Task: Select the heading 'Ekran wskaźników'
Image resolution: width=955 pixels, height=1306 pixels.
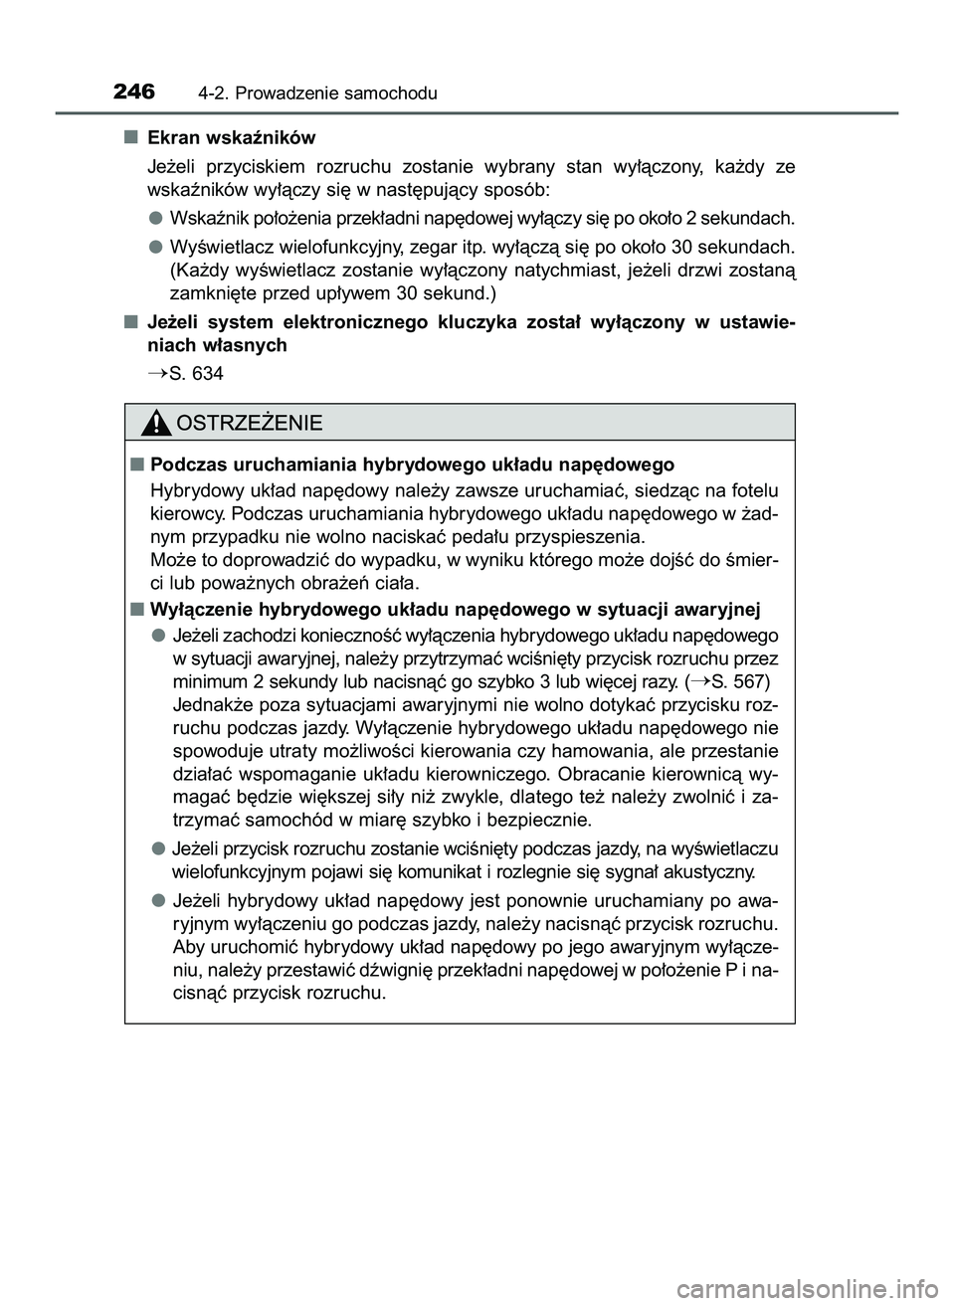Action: (x=231, y=137)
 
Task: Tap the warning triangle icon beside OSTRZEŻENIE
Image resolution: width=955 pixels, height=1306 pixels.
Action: (x=155, y=424)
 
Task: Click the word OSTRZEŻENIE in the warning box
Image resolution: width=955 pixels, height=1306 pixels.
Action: (x=249, y=424)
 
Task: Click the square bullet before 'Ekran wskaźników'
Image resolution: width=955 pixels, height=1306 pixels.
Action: (x=130, y=137)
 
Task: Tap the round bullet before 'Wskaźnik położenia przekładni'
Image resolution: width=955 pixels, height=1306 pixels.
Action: (x=157, y=217)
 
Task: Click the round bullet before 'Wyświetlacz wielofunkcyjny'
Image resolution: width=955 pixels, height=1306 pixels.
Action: (x=157, y=246)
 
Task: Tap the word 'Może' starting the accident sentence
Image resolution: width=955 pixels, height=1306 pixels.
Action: (x=170, y=560)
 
